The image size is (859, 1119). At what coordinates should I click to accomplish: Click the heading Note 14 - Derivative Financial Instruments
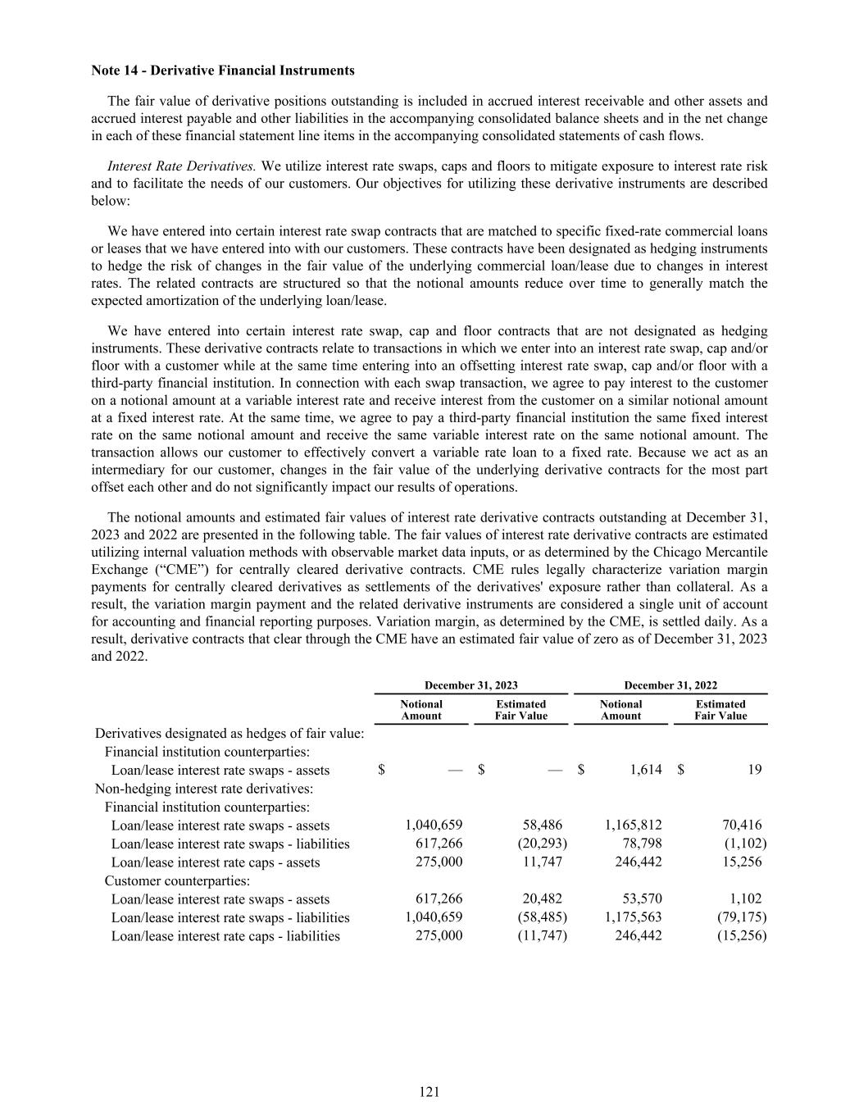[x=223, y=71]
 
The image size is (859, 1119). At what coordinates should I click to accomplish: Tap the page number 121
[x=429, y=1091]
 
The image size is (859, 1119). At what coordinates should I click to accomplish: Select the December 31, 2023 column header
[x=470, y=685]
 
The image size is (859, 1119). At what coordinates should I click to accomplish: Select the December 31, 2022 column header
[x=670, y=685]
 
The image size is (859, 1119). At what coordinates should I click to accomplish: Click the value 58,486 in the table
[x=542, y=826]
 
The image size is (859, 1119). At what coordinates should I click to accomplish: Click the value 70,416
[x=741, y=826]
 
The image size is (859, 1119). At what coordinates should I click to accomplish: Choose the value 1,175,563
[x=633, y=917]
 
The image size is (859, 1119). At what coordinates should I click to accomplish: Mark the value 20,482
[x=542, y=899]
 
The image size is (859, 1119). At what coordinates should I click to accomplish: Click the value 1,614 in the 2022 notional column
[x=646, y=770]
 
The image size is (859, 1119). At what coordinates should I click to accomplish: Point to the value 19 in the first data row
[x=755, y=770]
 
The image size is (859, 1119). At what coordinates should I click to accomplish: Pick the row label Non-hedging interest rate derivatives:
[x=204, y=789]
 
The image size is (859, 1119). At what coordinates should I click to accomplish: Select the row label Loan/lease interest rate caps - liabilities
[x=225, y=936]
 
